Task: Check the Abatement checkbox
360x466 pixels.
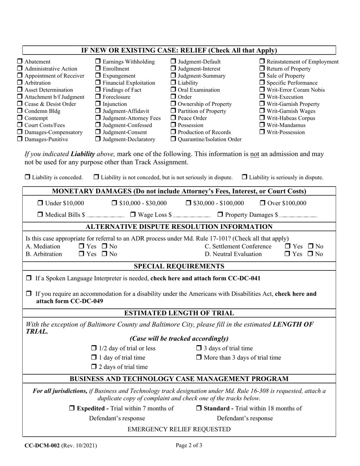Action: click(20, 62)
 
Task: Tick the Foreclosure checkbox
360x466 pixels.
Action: click(97, 97)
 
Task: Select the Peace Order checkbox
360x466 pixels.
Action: click(173, 118)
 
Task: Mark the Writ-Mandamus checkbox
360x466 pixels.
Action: click(262, 125)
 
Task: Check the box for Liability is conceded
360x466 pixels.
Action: click(28, 177)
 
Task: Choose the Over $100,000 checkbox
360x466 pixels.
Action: click(263, 203)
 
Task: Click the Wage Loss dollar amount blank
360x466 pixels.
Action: click(192, 215)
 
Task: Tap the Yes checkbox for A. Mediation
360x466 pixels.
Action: click(81, 247)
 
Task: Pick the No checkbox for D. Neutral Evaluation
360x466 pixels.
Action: click(310, 254)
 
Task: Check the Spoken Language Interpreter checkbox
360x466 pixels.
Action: click(29, 278)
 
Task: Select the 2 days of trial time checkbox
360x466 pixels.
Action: click(94, 367)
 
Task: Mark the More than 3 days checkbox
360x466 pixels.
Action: click(199, 358)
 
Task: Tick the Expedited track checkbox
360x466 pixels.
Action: click(72, 408)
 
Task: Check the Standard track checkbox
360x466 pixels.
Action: click(199, 408)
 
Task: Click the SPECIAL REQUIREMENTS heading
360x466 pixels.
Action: click(179, 266)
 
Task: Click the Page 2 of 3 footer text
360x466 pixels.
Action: click(189, 446)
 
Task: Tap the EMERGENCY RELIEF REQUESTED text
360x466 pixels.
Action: click(179, 429)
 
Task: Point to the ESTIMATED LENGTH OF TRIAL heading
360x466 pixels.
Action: click(179, 313)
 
